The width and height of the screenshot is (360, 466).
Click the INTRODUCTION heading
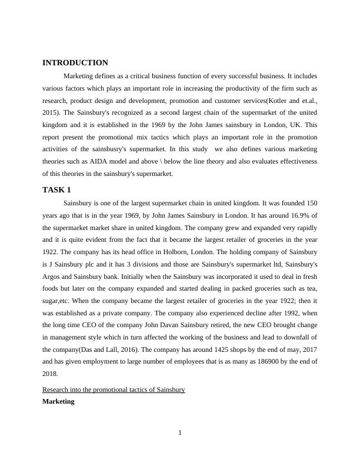pos(75,63)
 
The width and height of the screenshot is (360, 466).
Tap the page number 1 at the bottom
pos(180,434)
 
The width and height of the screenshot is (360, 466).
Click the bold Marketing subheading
pos(58,401)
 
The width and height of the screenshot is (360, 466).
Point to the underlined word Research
pos(57,390)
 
